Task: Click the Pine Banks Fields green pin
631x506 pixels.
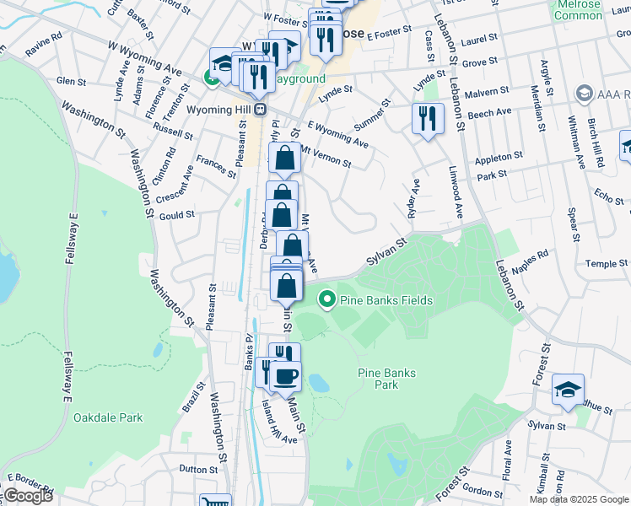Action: (326, 299)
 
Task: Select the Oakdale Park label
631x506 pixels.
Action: (107, 417)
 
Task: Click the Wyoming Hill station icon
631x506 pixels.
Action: (261, 109)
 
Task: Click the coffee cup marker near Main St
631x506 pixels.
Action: (286, 375)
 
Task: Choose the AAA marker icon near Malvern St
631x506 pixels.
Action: (582, 92)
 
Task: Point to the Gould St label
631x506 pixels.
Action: (177, 215)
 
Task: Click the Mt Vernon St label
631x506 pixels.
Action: (325, 158)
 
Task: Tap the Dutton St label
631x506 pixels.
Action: (198, 468)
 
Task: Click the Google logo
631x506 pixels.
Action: (27, 496)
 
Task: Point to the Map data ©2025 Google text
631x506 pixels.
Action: (578, 499)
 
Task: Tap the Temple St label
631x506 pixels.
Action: (601, 264)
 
